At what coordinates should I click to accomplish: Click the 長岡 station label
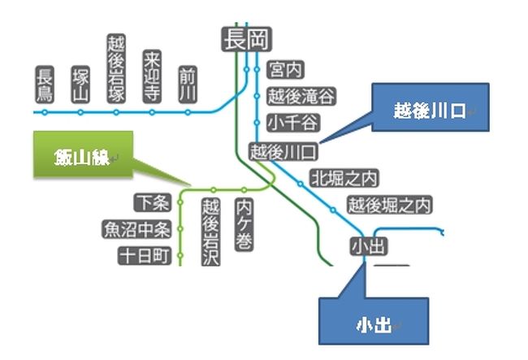(247, 39)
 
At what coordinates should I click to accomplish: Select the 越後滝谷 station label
(301, 97)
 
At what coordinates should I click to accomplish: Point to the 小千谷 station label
(292, 123)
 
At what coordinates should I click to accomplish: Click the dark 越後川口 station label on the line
(283, 151)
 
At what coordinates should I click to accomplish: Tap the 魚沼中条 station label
(136, 229)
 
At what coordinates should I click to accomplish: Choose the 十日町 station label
(143, 257)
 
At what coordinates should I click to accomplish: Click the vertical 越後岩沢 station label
(211, 232)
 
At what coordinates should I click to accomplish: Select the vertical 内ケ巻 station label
(244, 223)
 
